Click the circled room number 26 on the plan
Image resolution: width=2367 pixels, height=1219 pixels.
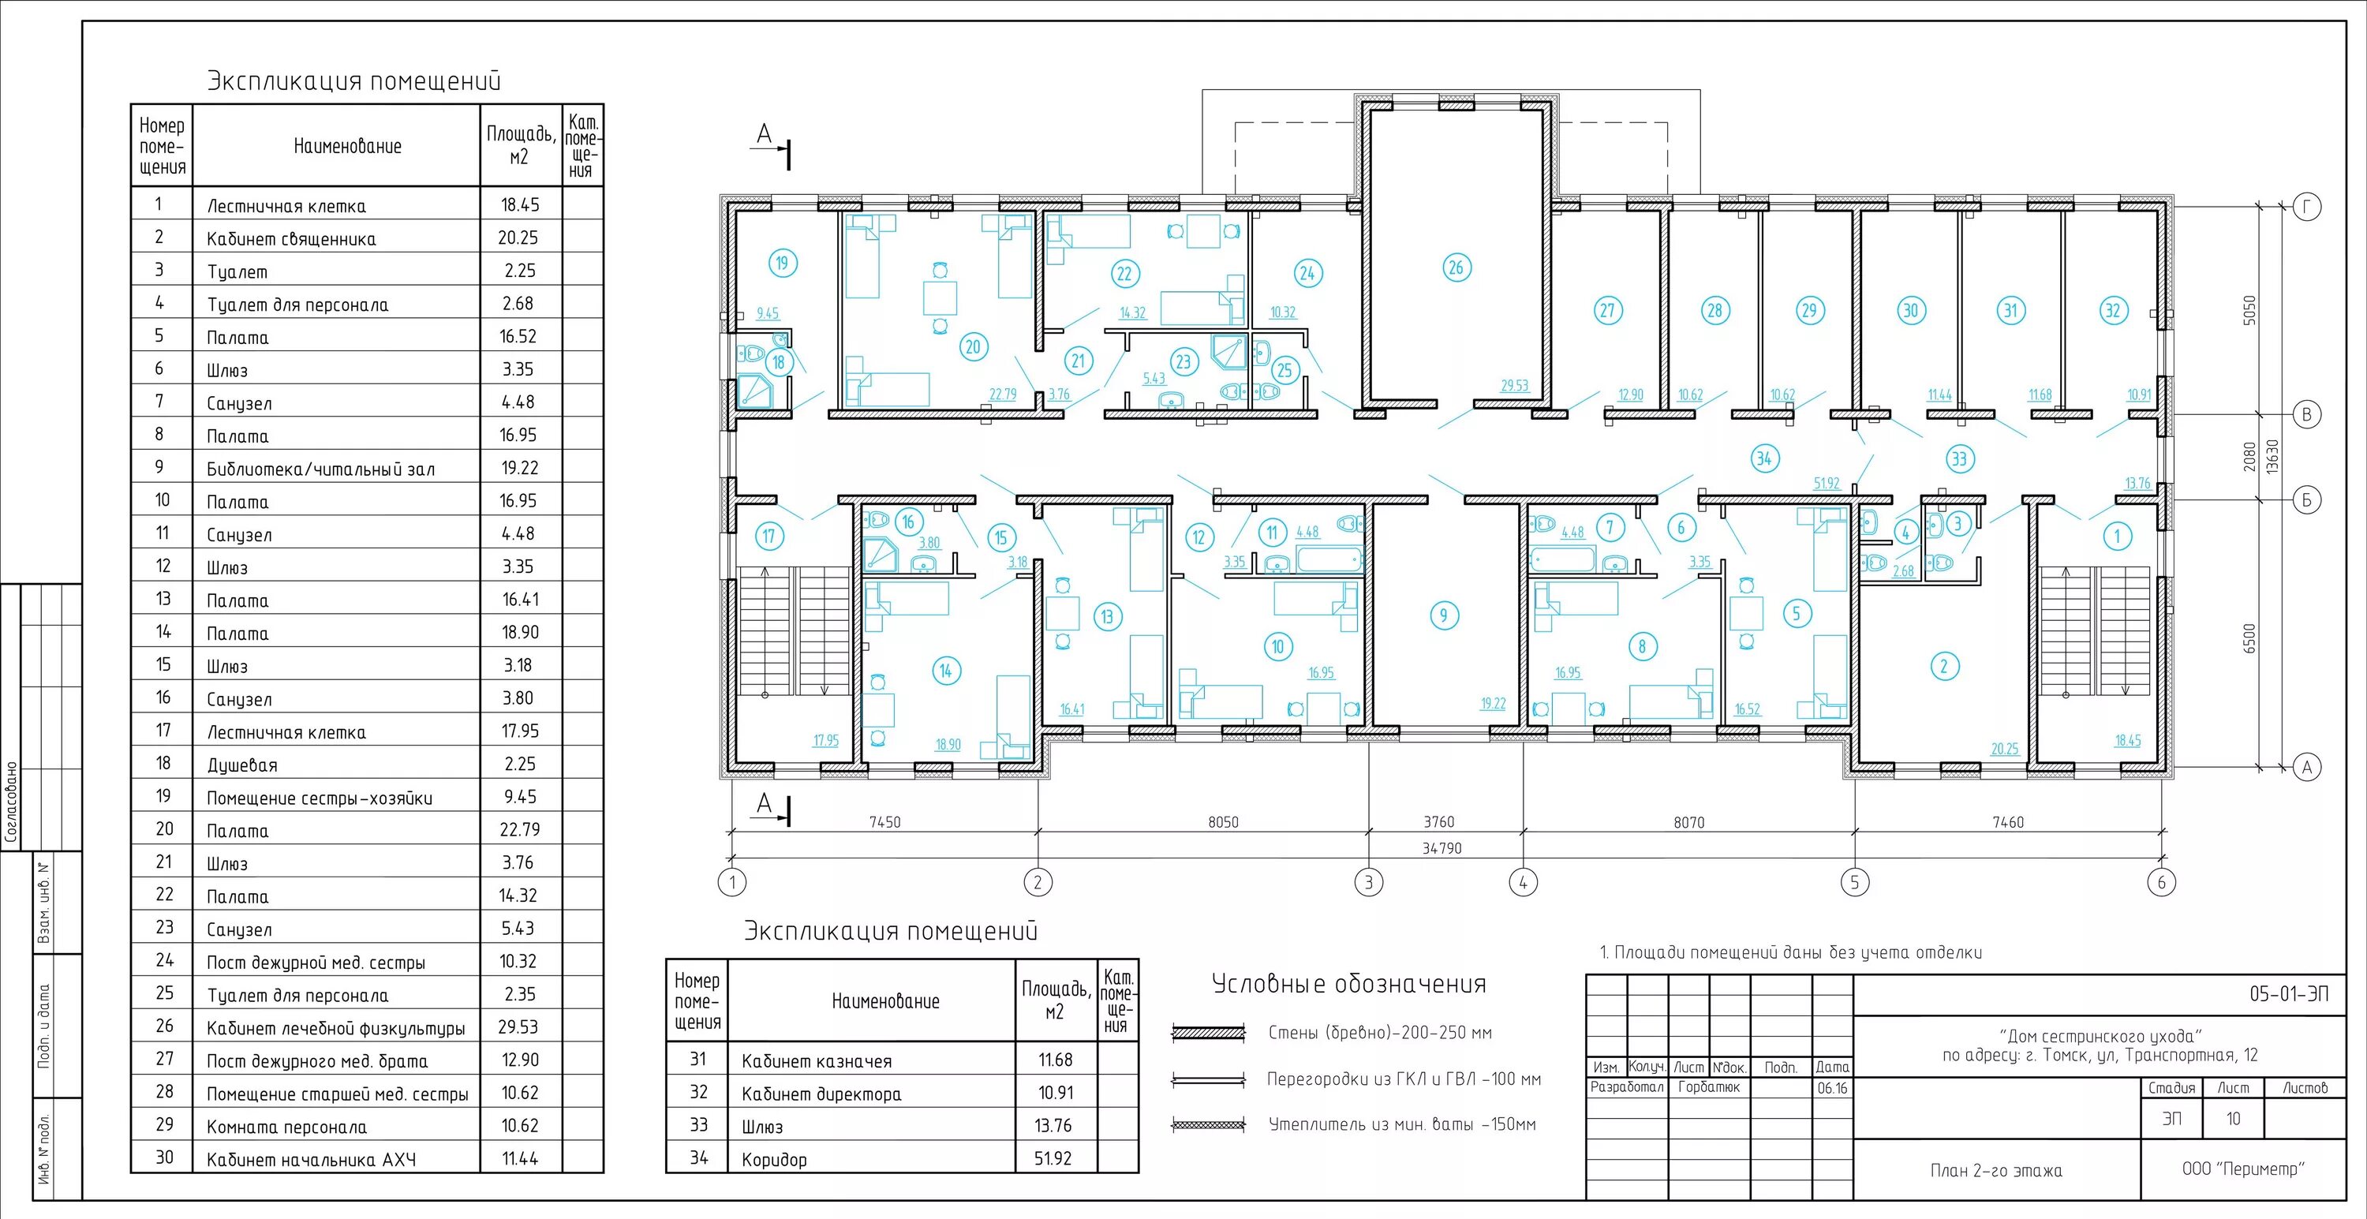coord(1456,268)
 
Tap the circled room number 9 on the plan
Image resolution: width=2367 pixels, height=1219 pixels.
coord(1444,615)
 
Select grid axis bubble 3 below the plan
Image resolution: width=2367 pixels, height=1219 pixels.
coord(1368,882)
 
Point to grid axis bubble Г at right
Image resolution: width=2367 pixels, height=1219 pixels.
coord(2306,208)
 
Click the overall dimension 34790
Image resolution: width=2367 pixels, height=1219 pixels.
coord(1442,849)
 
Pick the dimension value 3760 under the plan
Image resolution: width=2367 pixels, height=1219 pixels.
coord(1439,822)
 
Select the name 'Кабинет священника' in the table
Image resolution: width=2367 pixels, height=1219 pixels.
coord(291,239)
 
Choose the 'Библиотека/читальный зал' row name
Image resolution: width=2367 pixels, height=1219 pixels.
coord(320,469)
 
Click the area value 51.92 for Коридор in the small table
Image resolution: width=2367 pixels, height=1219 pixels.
coord(1053,1158)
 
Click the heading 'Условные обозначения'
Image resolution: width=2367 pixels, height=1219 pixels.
coord(1349,985)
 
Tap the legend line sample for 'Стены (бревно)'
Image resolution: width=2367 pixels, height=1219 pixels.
coord(1208,1033)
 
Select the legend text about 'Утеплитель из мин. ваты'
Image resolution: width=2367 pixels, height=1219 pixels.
coord(1402,1124)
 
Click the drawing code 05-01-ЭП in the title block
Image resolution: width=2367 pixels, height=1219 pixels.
coord(2289,994)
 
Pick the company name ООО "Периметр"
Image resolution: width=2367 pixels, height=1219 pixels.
coord(2243,1169)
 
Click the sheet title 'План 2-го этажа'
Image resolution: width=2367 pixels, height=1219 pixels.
coord(1996,1170)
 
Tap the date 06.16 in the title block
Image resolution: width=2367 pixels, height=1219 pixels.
coord(1831,1089)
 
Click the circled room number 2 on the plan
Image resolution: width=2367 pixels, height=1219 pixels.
coord(1943,666)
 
